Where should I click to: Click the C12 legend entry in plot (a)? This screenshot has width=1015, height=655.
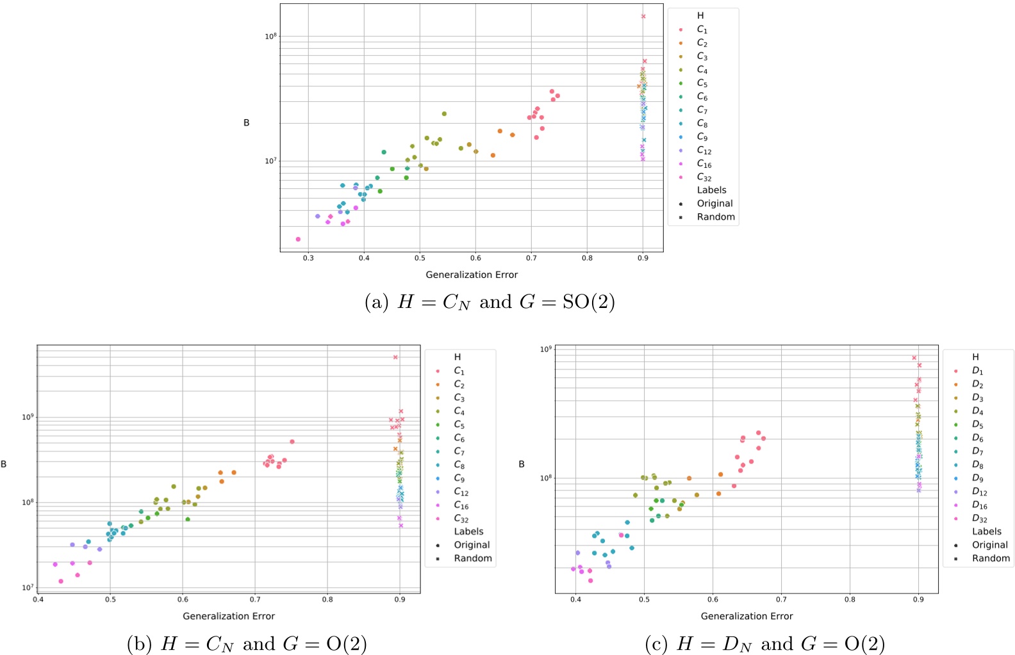(x=704, y=150)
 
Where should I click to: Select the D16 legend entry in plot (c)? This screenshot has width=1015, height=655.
(x=979, y=505)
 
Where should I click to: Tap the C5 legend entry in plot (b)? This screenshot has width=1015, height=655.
(x=459, y=425)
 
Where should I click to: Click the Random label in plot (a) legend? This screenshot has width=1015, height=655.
(x=716, y=217)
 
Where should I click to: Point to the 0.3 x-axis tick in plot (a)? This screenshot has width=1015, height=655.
(x=308, y=258)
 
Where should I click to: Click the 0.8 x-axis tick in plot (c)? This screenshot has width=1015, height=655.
(x=850, y=599)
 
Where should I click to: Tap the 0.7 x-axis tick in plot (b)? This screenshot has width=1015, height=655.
(x=255, y=599)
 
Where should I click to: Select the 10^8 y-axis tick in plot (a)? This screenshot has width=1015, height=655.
(x=270, y=36)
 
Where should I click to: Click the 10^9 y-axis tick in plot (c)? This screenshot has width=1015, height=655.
(x=545, y=349)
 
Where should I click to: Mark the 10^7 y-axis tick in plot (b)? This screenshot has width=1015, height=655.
(x=28, y=588)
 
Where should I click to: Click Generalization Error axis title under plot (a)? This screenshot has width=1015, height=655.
(x=472, y=275)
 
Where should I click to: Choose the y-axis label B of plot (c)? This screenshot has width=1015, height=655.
(x=522, y=464)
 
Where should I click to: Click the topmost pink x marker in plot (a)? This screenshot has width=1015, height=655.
(x=643, y=17)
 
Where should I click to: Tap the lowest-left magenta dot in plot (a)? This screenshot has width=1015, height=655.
(x=298, y=239)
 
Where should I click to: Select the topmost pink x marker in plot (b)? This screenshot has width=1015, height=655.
(x=395, y=357)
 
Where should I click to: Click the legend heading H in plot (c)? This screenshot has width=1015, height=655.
(x=975, y=357)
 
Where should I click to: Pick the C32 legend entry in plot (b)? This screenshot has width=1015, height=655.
(x=461, y=519)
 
